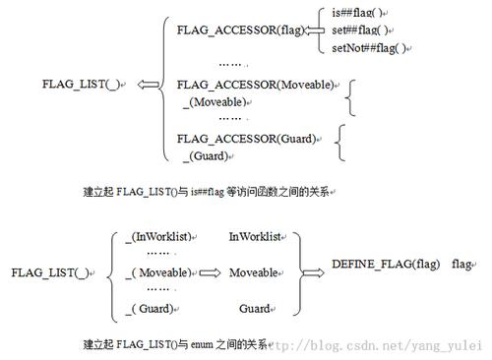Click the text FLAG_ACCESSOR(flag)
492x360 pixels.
coord(241,30)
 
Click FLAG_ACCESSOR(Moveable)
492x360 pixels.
coord(255,87)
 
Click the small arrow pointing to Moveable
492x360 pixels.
coord(209,271)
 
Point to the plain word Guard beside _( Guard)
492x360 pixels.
coord(254,308)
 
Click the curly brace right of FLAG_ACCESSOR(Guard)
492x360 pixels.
coord(341,143)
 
